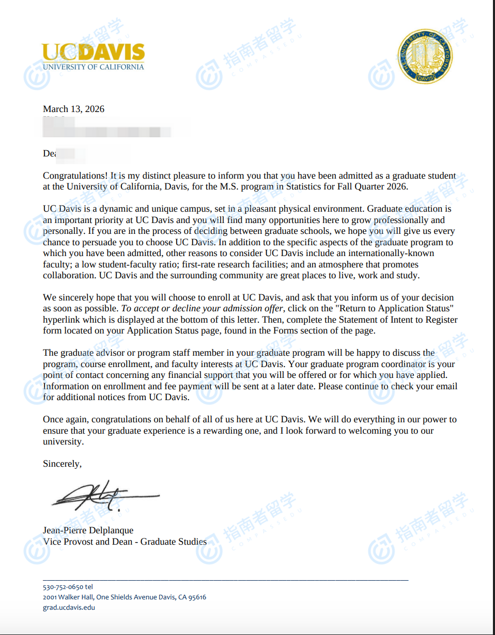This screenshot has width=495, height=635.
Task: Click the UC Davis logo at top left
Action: tap(93, 56)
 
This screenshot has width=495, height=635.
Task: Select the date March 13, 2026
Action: tap(73, 109)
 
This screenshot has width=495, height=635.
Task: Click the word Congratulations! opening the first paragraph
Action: tap(75, 176)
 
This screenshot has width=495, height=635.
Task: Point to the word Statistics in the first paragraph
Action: tap(305, 187)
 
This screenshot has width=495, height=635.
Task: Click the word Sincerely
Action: tap(61, 464)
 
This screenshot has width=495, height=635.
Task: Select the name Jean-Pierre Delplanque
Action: tap(88, 530)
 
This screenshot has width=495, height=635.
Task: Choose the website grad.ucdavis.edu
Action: tap(69, 608)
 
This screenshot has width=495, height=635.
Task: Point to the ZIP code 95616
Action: tap(197, 597)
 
